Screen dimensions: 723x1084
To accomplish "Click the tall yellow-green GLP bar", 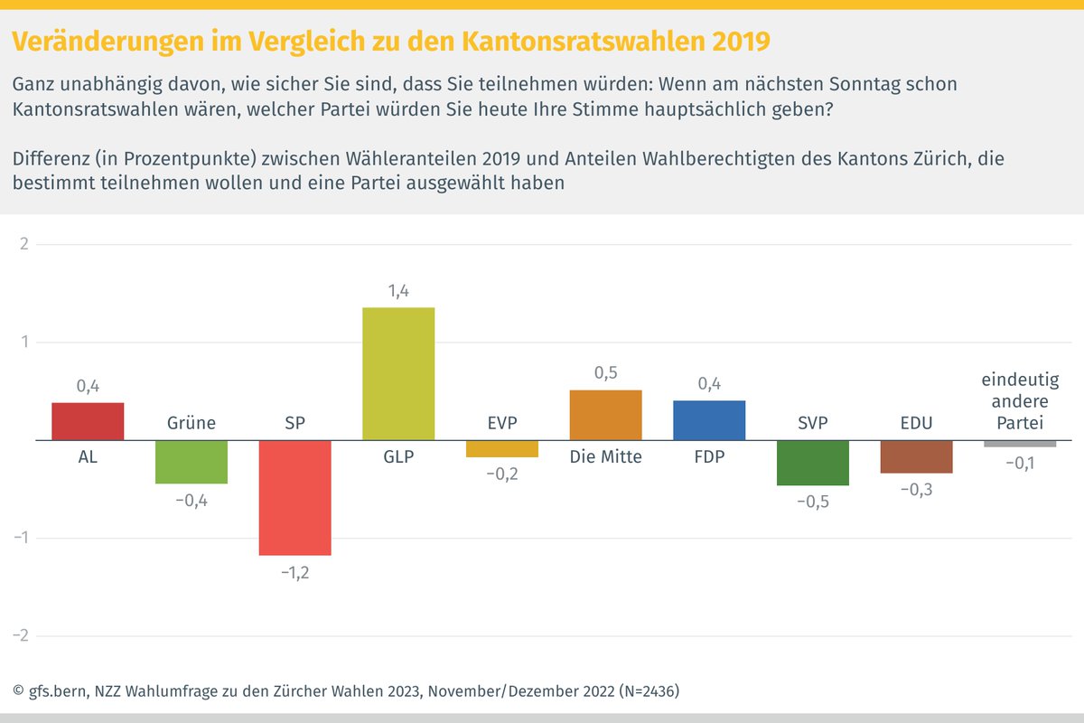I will [398, 374].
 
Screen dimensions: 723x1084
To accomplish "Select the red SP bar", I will [294, 497].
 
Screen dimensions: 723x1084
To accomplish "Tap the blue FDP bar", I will [709, 420].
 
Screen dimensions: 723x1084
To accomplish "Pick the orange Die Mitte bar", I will [605, 415].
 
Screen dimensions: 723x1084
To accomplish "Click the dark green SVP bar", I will [813, 463].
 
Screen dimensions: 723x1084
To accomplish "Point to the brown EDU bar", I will [916, 456].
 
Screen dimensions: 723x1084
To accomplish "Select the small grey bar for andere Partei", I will [1020, 444].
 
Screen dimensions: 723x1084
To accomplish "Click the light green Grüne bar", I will [192, 462].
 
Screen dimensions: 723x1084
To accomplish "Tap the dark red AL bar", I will [88, 421].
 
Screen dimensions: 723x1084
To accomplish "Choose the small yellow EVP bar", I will [502, 448].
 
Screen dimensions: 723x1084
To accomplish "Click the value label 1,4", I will [398, 291].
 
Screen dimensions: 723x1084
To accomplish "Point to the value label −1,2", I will [294, 573].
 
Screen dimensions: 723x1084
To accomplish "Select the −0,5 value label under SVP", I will [813, 503].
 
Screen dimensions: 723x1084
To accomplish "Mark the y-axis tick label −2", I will [21, 636].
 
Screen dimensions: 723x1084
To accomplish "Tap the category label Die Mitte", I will [605, 457].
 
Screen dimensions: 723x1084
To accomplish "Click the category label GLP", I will [398, 457].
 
